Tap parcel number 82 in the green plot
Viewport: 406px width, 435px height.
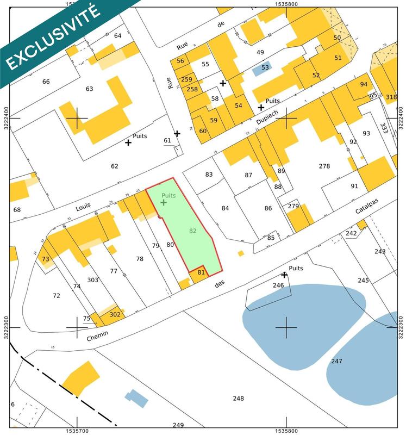(193, 231)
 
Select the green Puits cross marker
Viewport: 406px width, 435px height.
(164, 202)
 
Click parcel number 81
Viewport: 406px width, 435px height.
(201, 272)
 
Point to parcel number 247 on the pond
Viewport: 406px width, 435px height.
(337, 361)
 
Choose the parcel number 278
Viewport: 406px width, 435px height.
(324, 166)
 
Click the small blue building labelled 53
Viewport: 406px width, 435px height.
(265, 68)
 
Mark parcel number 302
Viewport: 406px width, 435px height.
(115, 314)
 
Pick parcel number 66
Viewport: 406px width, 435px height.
(46, 82)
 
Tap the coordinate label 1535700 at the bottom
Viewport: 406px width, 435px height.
(77, 430)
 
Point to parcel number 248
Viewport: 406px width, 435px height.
(238, 399)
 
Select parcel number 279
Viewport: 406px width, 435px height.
(293, 206)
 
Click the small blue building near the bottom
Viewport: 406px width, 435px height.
(136, 397)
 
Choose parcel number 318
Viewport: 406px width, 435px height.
(391, 97)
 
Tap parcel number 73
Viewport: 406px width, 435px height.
(45, 259)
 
